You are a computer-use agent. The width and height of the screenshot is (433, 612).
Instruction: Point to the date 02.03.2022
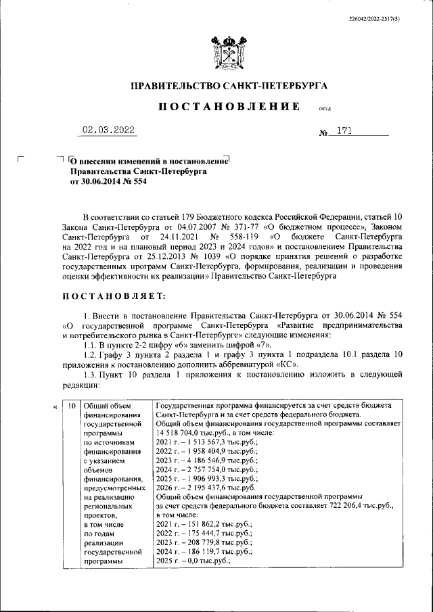(108, 131)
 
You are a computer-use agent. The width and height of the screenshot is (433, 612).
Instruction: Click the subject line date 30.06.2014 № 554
(108, 181)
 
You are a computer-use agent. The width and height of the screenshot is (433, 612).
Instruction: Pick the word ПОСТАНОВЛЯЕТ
(109, 296)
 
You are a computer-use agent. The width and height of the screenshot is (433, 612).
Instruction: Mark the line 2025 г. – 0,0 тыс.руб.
(193, 561)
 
